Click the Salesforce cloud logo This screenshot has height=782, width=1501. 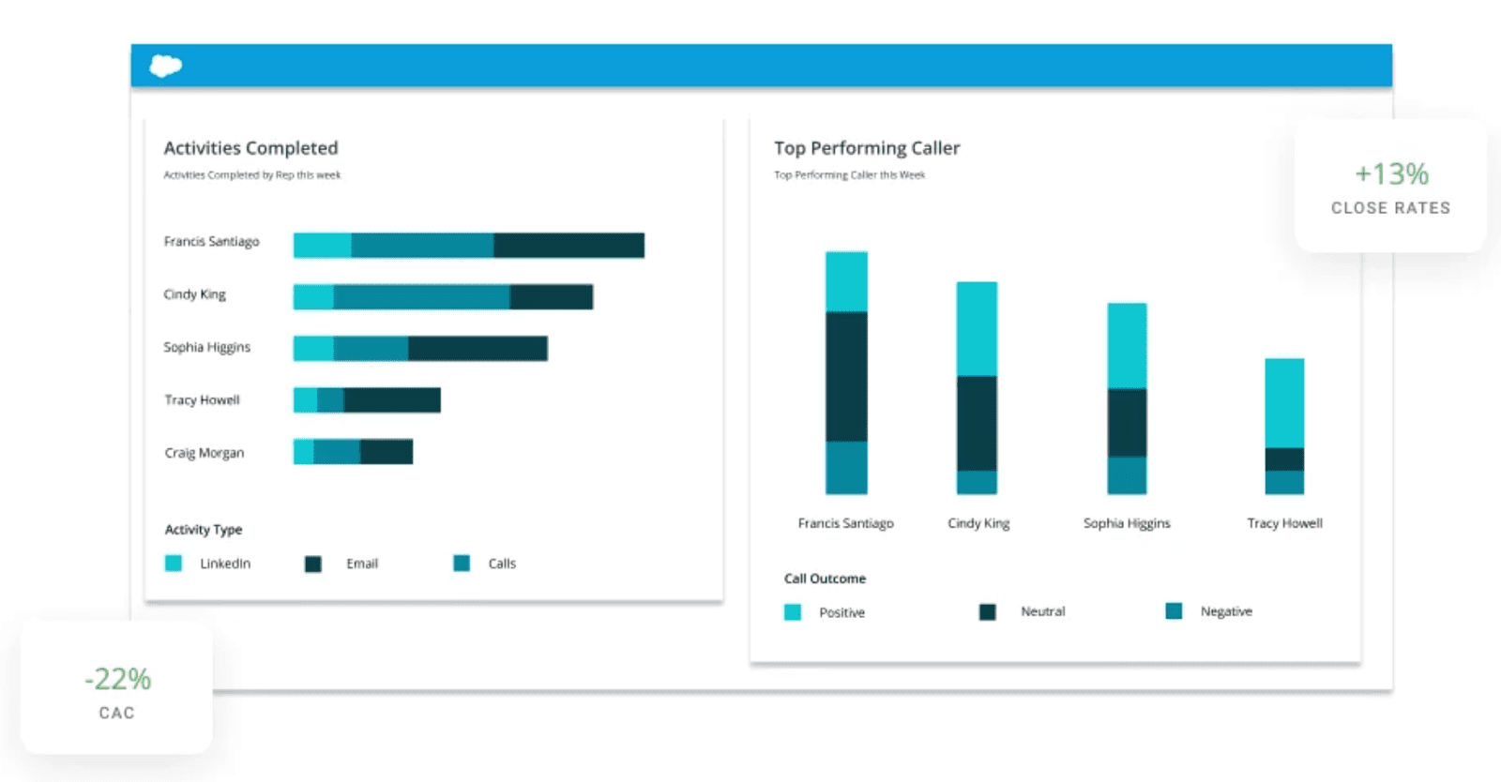tap(166, 66)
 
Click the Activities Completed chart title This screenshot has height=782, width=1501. tap(250, 148)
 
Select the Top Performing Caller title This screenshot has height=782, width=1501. tap(867, 148)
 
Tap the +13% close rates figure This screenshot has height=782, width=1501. tap(1391, 174)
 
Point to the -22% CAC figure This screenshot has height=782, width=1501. tap(117, 679)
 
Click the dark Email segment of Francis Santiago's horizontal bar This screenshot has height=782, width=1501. tap(569, 246)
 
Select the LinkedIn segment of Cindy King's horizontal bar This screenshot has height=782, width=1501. tap(313, 297)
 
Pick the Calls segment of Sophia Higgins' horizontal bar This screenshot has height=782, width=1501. tap(371, 349)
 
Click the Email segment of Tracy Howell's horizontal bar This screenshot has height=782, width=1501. tap(392, 400)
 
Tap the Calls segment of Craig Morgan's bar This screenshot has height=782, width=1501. tap(337, 452)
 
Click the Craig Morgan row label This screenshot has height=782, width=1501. tap(205, 453)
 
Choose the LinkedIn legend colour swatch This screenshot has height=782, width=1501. tap(174, 564)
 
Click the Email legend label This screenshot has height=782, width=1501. tap(362, 564)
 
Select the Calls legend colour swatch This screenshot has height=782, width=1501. tap(462, 564)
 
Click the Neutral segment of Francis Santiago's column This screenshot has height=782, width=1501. tap(846, 376)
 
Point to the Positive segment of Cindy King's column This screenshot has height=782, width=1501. tap(977, 328)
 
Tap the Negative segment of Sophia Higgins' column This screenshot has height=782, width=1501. tap(1127, 475)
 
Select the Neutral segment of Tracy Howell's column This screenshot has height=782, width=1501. tap(1284, 459)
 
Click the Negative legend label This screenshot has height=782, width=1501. tap(1226, 611)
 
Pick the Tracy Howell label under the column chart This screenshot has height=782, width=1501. tap(1284, 523)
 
